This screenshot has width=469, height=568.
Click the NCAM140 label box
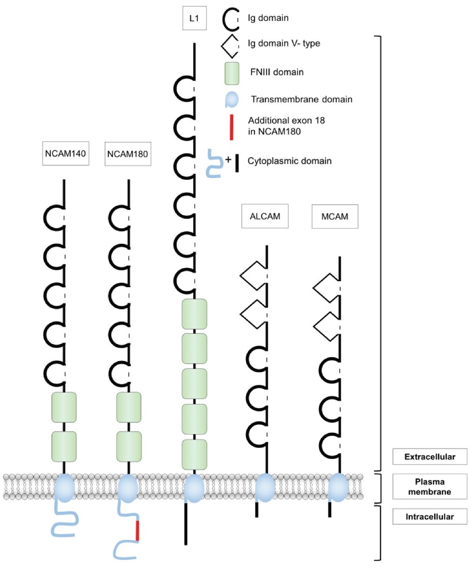66,153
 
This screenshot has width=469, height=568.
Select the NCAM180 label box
128,154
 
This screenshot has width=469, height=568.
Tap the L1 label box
194,18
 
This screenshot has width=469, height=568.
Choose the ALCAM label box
265,216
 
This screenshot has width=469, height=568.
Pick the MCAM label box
335,216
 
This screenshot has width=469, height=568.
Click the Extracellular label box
429,457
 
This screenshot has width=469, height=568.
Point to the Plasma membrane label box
429,487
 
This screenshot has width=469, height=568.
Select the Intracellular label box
429,517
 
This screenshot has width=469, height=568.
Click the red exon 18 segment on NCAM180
137,530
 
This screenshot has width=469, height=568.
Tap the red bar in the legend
231,127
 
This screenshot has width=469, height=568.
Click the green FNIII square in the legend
232,73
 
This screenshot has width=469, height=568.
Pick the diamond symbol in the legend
230,46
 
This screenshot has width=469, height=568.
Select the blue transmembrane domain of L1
194,488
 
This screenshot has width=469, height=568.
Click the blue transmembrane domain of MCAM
338,487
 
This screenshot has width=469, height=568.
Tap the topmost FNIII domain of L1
194,314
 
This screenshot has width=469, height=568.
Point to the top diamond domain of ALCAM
253,276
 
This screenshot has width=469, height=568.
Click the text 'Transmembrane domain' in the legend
301,100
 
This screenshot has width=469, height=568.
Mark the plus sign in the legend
228,159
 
